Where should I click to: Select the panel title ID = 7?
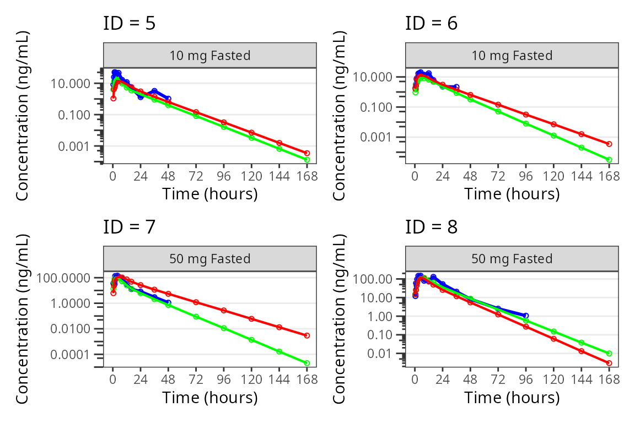[x=129, y=226]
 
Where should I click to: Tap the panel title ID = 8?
[x=431, y=226]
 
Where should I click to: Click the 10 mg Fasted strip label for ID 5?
[x=209, y=55]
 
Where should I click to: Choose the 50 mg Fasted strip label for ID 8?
[x=512, y=259]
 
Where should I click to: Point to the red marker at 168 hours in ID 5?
[x=307, y=153]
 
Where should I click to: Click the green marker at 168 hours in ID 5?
[x=307, y=160]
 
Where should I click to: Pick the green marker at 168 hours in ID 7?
[x=307, y=363]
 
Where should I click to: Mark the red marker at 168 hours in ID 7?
[x=307, y=335]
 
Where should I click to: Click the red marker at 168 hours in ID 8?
[x=609, y=363]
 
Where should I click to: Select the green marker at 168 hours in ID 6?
[x=609, y=160]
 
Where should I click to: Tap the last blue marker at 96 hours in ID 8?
[x=526, y=316]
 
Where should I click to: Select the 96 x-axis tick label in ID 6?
[x=526, y=176]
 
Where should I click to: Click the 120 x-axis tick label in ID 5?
[x=251, y=176]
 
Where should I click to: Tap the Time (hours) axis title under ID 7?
[x=209, y=397]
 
